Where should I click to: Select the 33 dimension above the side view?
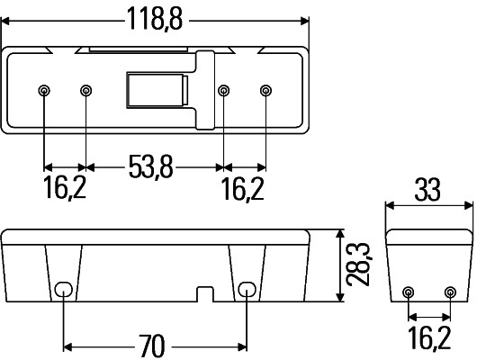click(x=427, y=191)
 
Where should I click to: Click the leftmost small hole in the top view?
click(x=44, y=90)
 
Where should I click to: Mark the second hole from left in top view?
click(x=86, y=90)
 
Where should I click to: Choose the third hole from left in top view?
click(x=223, y=90)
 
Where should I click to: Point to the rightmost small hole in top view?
click(x=265, y=90)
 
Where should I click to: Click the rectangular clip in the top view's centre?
click(x=155, y=91)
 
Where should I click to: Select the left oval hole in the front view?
click(x=63, y=289)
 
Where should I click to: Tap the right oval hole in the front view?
click(x=247, y=289)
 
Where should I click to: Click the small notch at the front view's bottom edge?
click(x=204, y=294)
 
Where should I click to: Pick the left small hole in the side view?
click(x=408, y=292)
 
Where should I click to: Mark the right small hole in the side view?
click(x=450, y=292)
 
